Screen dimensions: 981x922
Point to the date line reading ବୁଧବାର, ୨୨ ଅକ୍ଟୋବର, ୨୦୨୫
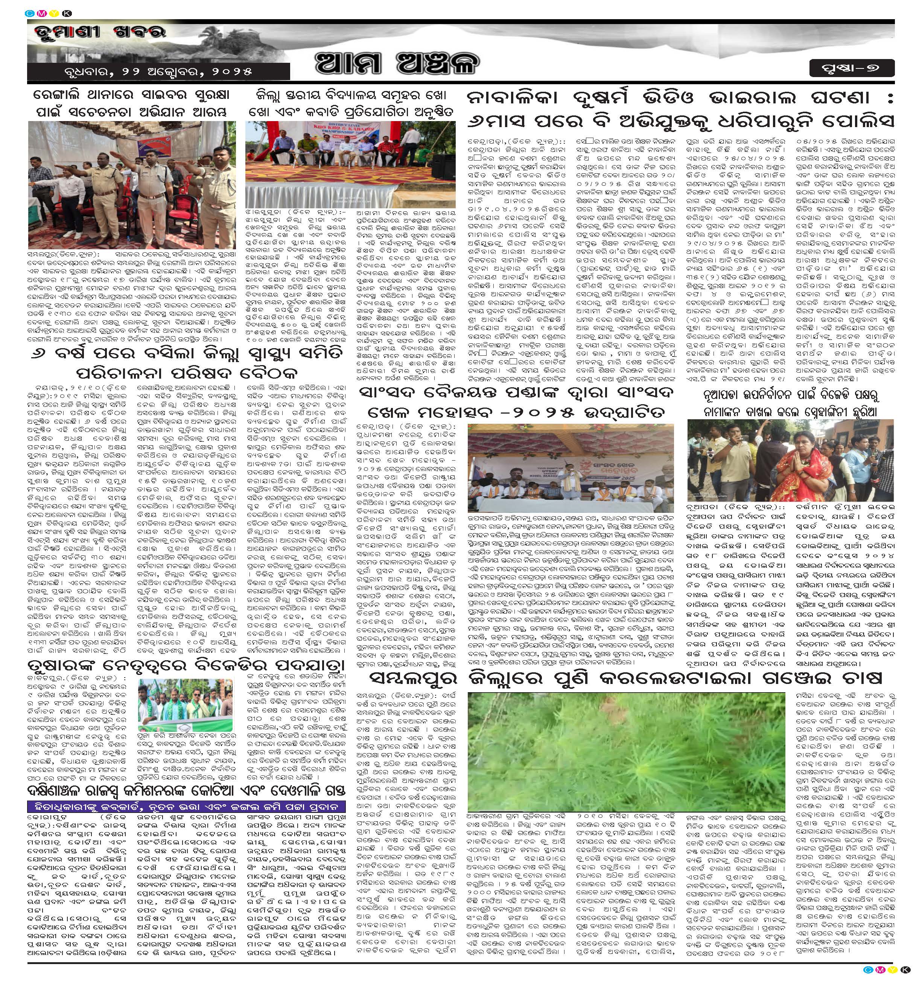[158, 71]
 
